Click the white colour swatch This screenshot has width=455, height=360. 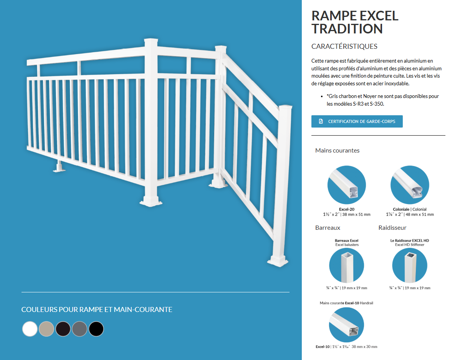(30, 329)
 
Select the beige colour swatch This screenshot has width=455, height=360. (46, 329)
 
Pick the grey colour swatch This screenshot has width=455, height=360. (79, 329)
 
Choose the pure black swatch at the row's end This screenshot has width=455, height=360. (96, 329)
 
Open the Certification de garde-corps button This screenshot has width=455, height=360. (357, 121)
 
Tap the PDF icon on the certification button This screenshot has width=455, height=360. (321, 121)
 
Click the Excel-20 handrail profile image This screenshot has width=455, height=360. (347, 185)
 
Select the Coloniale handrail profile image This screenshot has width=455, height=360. (410, 185)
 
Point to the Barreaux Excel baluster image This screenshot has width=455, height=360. (346, 265)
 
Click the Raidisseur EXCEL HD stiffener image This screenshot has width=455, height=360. (410, 265)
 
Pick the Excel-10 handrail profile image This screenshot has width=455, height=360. (346, 325)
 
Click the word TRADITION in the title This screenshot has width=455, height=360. (347, 29)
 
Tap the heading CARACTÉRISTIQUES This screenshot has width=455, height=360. (344, 46)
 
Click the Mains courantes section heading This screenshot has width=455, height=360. (338, 150)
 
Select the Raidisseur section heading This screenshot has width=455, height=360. (392, 227)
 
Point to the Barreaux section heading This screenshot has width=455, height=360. (328, 227)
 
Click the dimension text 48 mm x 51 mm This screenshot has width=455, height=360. (420, 214)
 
